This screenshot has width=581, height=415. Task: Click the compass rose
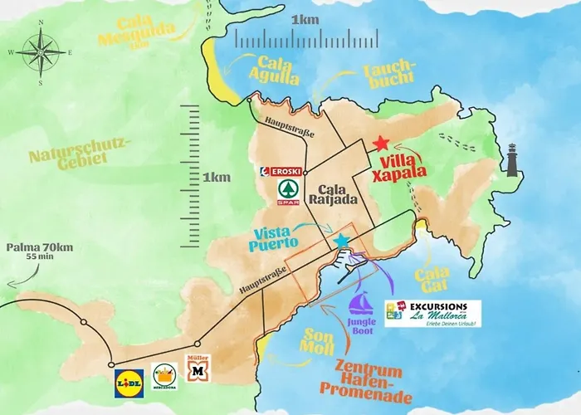coord(40,52)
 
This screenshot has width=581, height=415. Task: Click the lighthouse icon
coord(513,159)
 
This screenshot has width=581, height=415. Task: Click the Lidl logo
coord(129,378)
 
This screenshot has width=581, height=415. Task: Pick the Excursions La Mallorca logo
coord(426,313)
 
